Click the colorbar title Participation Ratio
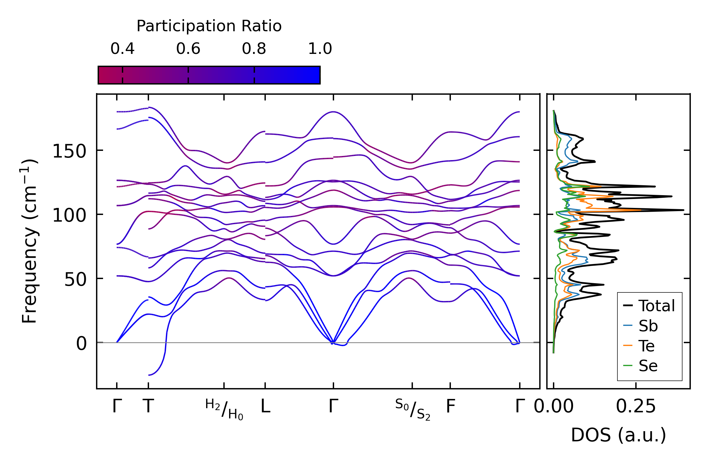[209, 26]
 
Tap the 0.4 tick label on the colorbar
[123, 49]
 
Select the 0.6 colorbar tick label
[188, 49]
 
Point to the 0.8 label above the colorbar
[254, 49]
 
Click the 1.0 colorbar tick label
[320, 49]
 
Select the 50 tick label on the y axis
[75, 280]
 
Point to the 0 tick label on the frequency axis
[81, 344]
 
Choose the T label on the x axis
[148, 407]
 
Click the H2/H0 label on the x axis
[224, 409]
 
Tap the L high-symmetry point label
[265, 407]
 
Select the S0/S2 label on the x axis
[413, 409]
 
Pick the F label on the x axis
[450, 407]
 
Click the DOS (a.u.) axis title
[618, 435]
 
